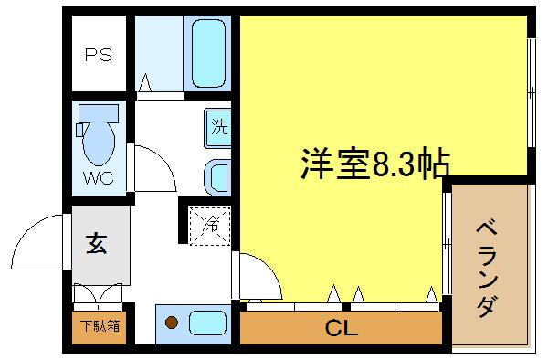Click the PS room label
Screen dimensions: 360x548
tap(99, 54)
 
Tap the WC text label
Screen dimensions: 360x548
tap(99, 177)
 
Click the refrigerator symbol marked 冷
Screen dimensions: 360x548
tap(209, 224)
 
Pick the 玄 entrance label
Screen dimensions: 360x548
tap(95, 244)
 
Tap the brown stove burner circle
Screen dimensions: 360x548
tap(171, 322)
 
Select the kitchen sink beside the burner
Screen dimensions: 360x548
tap(206, 323)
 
